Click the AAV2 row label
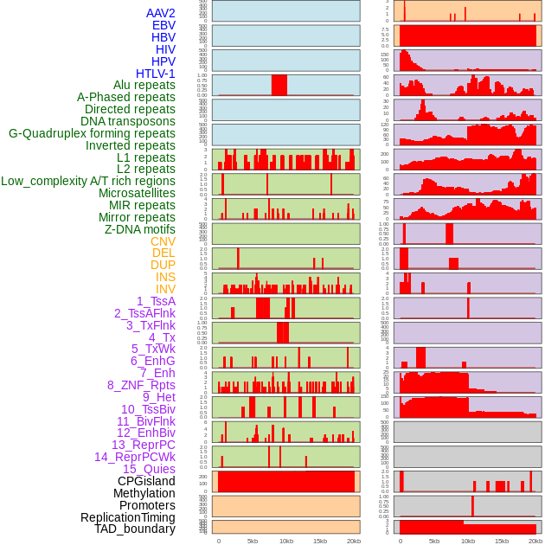pyautogui.click(x=161, y=13)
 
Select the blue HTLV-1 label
pyautogui.click(x=156, y=74)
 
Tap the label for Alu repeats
pyautogui.click(x=144, y=86)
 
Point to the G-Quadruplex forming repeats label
pyautogui.click(x=92, y=133)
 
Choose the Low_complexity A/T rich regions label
pyautogui.click(x=88, y=181)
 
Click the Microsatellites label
pyautogui.click(x=137, y=193)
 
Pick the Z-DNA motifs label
pyautogui.click(x=140, y=229)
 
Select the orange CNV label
pyautogui.click(x=163, y=241)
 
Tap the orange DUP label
pyautogui.click(x=163, y=265)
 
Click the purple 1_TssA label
pyautogui.click(x=156, y=301)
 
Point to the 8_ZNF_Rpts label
pyautogui.click(x=141, y=385)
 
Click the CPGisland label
pyautogui.click(x=146, y=481)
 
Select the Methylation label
pyautogui.click(x=144, y=493)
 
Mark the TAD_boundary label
pyautogui.click(x=135, y=529)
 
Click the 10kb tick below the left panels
pyautogui.click(x=286, y=541)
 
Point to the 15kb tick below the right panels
pyautogui.click(x=502, y=541)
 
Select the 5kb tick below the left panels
pyautogui.click(x=253, y=541)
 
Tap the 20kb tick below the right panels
pyautogui.click(x=535, y=541)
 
